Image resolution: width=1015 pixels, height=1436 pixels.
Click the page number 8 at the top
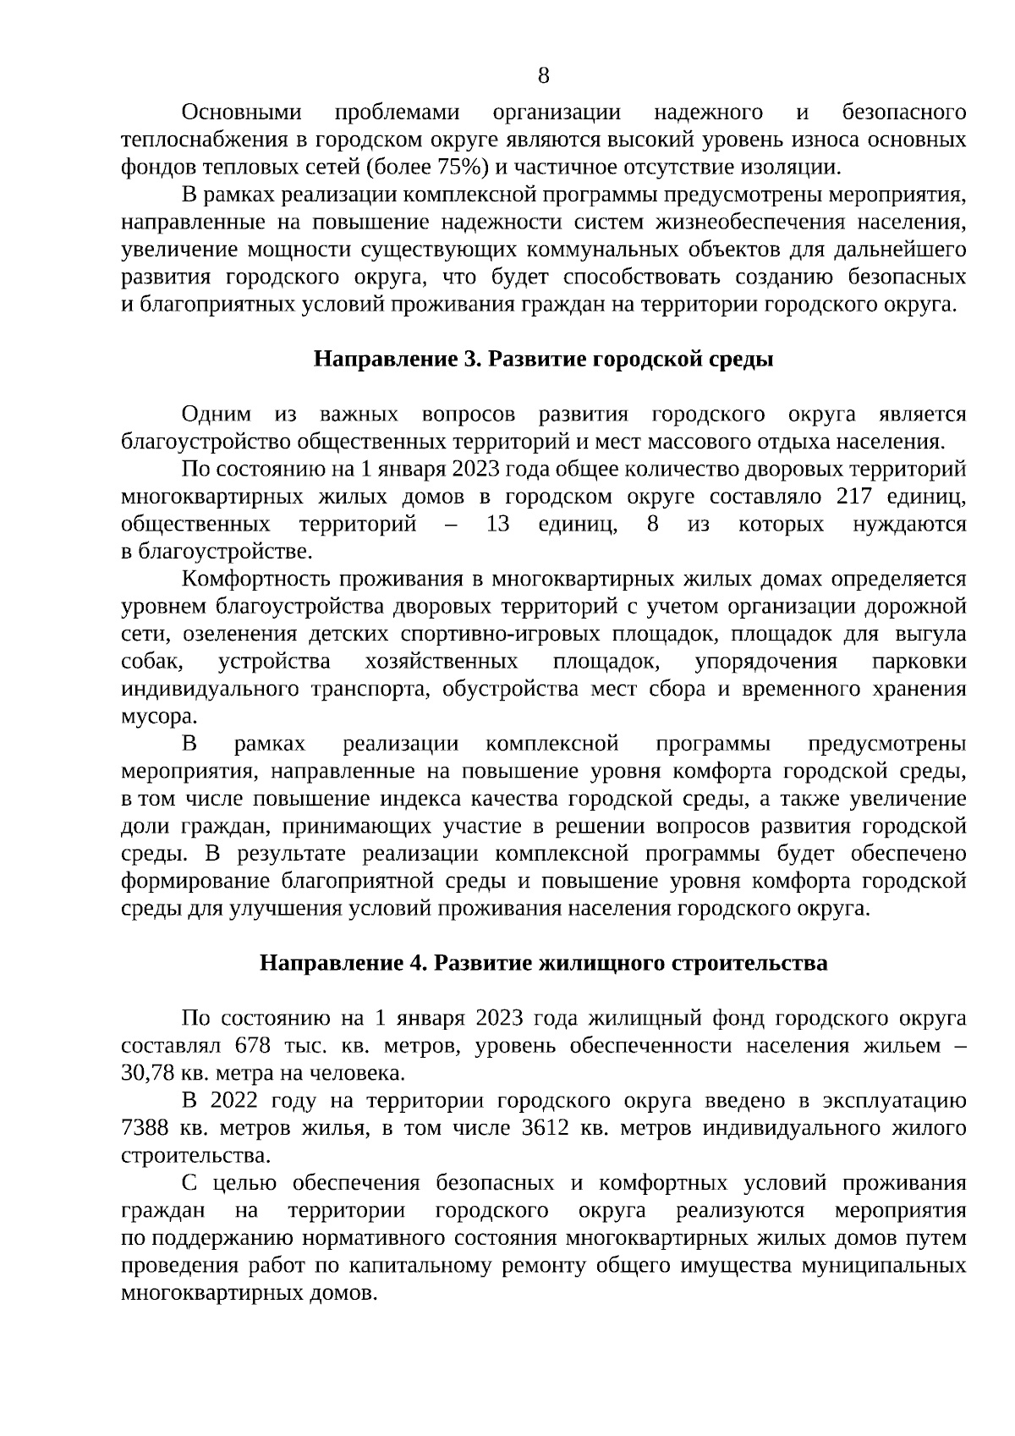543,76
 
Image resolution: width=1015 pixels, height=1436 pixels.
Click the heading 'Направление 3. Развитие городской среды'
544,360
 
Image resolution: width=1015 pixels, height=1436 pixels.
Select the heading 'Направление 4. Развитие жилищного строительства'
543,964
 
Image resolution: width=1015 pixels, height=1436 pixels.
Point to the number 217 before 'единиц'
853,497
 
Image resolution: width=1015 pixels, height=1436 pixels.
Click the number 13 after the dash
498,525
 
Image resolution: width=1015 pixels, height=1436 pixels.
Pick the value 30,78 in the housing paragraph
148,1074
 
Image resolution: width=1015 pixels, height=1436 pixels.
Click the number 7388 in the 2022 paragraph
146,1129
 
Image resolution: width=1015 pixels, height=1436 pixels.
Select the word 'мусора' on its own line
157,717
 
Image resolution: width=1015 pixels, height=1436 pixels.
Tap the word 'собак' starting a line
150,662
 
